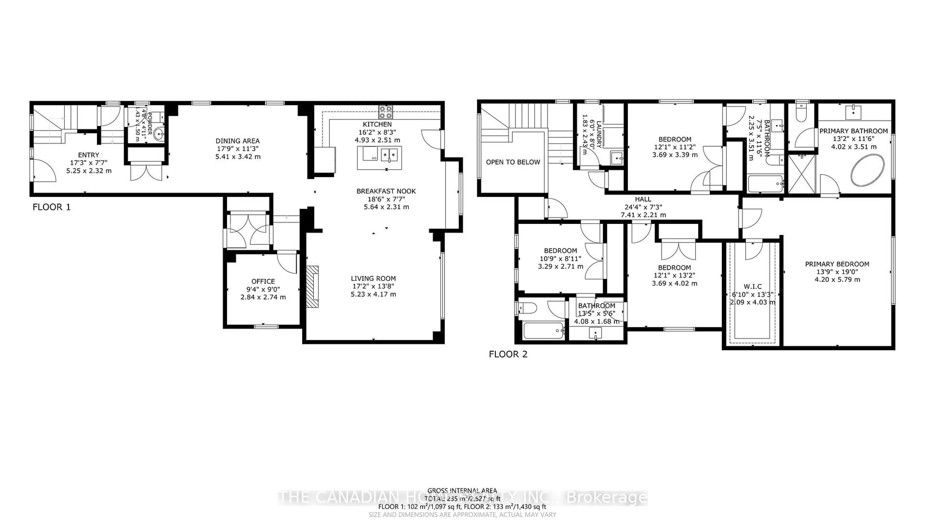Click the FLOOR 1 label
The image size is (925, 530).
(52, 207)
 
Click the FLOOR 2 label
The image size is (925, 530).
(508, 354)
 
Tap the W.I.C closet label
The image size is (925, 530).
(752, 286)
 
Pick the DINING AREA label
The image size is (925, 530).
(238, 141)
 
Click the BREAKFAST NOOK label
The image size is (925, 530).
(386, 191)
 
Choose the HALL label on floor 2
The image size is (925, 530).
(643, 199)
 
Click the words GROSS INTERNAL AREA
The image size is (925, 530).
(462, 491)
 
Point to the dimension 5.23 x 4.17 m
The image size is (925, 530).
(373, 294)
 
